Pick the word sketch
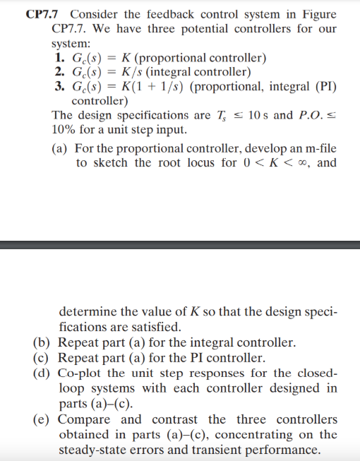click(111, 163)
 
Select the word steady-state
click(95, 450)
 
